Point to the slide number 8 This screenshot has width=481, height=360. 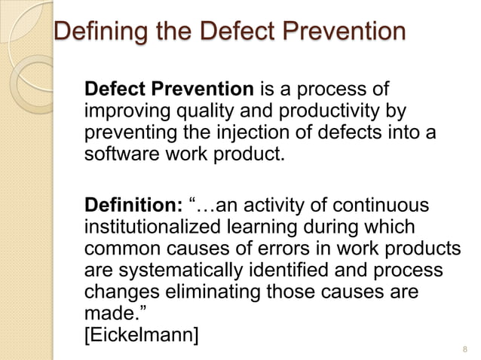[x=463, y=349]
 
